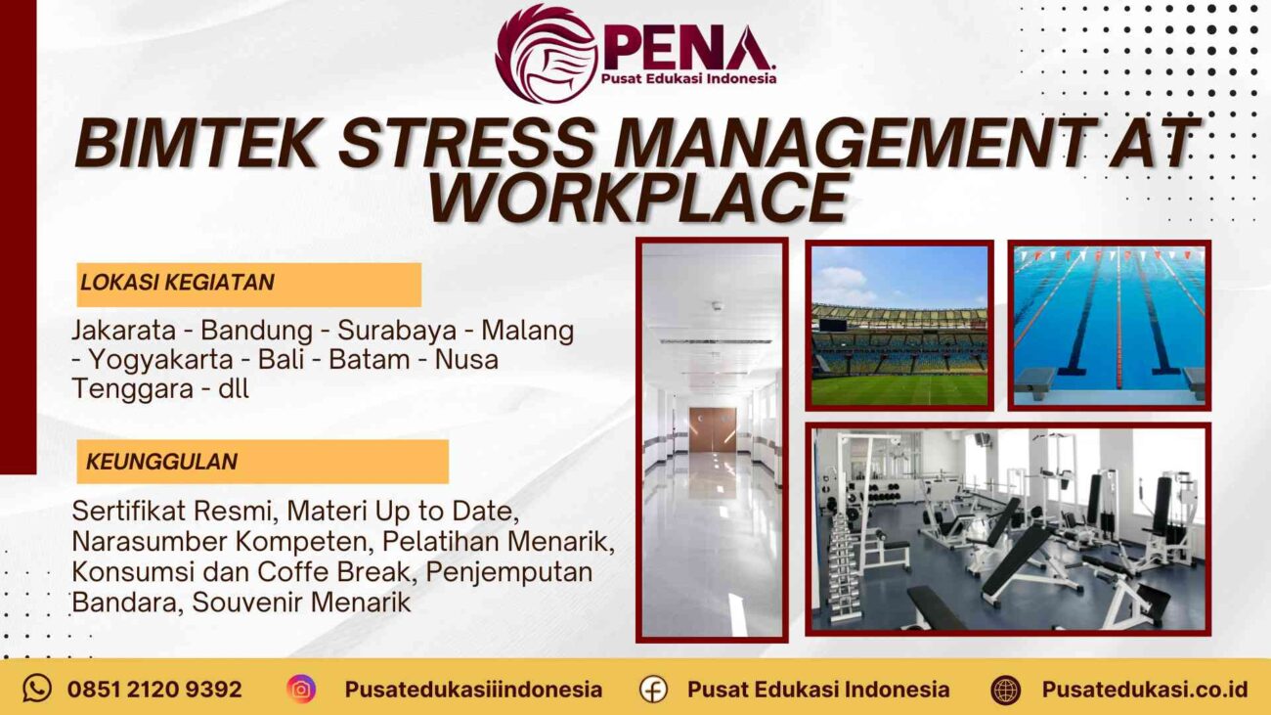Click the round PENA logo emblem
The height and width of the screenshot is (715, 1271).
point(546,53)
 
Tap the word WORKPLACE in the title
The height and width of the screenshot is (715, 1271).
point(636,198)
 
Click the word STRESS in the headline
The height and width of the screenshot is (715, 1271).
point(465,143)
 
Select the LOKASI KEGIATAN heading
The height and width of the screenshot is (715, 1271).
point(177,283)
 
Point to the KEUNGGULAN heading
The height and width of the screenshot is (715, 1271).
point(161,461)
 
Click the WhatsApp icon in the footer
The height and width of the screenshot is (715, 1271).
point(37,689)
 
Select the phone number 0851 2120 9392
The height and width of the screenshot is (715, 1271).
point(154,689)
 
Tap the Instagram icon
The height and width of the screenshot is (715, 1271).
point(301,689)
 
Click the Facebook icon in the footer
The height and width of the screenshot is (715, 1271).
point(653,689)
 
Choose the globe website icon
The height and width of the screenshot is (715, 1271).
point(1005,689)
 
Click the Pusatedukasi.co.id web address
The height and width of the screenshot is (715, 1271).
point(1145,689)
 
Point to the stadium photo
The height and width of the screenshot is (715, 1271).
point(899,325)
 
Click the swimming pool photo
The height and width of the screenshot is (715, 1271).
point(1109,325)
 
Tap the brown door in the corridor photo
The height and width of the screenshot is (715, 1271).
point(712,429)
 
